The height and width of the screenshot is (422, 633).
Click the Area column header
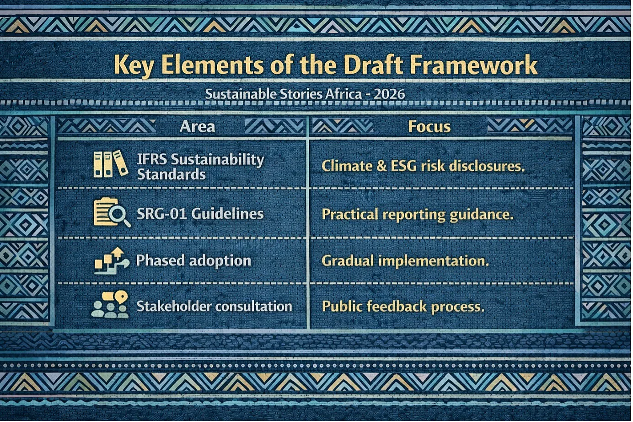pyautogui.click(x=197, y=126)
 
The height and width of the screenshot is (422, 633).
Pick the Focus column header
pyautogui.click(x=429, y=126)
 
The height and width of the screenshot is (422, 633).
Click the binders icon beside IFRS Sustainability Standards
pyautogui.click(x=111, y=164)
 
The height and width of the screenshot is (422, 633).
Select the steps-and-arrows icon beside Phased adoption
pyautogui.click(x=112, y=261)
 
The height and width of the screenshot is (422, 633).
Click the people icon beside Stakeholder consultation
pyautogui.click(x=110, y=305)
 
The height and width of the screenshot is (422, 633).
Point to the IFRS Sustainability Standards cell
pyautogui.click(x=200, y=167)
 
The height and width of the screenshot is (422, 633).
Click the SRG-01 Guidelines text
pyautogui.click(x=200, y=214)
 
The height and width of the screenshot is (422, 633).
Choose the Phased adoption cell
pyautogui.click(x=193, y=261)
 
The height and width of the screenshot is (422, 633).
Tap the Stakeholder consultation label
pyautogui.click(x=214, y=306)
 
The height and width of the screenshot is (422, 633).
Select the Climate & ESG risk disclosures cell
pyautogui.click(x=423, y=166)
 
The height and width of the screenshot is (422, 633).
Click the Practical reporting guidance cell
pyautogui.click(x=418, y=215)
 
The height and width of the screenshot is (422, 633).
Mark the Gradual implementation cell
pyautogui.click(x=405, y=261)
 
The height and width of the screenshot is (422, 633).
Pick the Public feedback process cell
pyautogui.click(x=403, y=307)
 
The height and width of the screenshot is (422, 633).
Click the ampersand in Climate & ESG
pyautogui.click(x=381, y=166)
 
